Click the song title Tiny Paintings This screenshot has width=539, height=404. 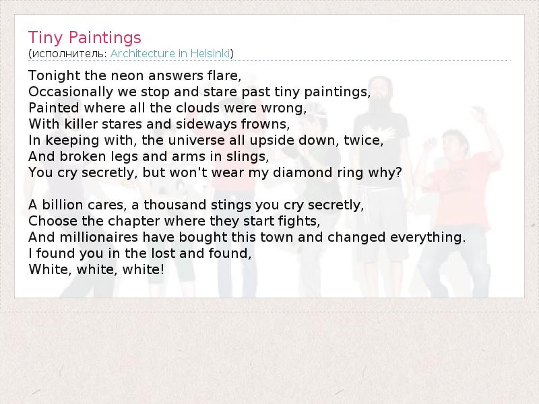coord(85,38)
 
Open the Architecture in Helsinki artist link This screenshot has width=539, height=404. coord(170,54)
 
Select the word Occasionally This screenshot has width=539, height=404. coord(71,92)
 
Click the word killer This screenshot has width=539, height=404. coord(81,124)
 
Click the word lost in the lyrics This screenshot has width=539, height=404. coord(164,253)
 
